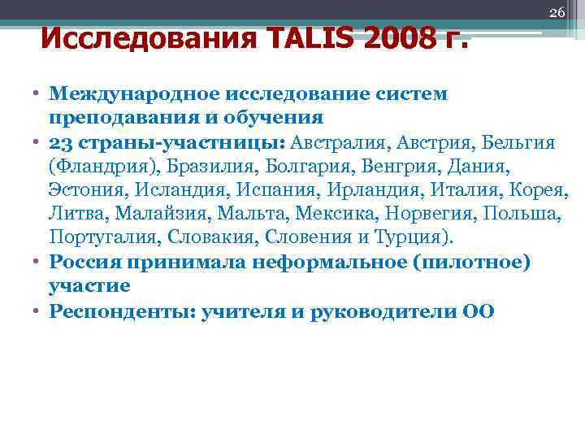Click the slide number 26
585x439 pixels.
[557, 13]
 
